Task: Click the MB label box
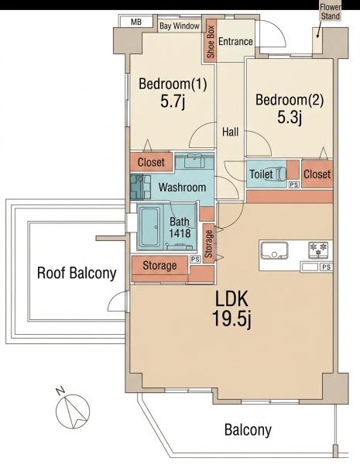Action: (x=136, y=22)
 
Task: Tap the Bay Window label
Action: (x=180, y=26)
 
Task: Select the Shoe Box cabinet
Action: (x=210, y=42)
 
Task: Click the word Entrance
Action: (x=235, y=41)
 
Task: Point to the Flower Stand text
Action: (x=330, y=12)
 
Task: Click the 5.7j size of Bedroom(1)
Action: (x=173, y=102)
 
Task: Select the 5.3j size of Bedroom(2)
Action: (x=290, y=117)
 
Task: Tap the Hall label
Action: (x=230, y=132)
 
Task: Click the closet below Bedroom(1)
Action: (x=151, y=162)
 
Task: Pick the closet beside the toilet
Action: (x=317, y=174)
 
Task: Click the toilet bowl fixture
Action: (x=280, y=174)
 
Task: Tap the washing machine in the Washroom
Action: (x=140, y=187)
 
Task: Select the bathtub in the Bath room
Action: (x=150, y=227)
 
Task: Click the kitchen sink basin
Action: (x=274, y=250)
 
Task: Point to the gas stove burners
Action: (x=318, y=249)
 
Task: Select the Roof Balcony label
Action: (x=77, y=273)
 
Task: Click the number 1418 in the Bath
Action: (x=180, y=233)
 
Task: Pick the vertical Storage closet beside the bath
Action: (x=208, y=244)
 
